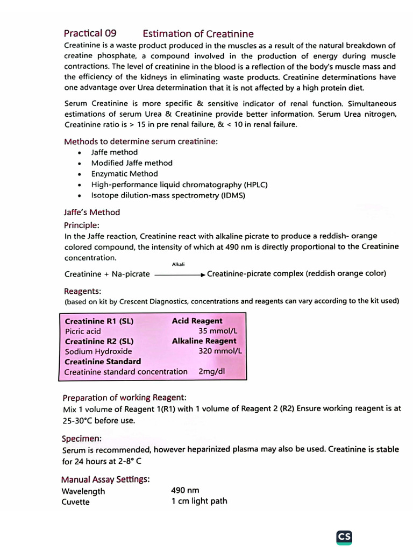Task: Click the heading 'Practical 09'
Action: (90, 33)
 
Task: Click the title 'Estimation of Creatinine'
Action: (198, 34)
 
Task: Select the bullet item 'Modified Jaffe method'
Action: (132, 163)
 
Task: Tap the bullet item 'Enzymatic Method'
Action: (124, 174)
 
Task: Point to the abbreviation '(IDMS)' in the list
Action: (233, 195)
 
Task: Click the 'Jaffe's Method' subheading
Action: (92, 212)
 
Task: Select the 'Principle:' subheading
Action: (82, 225)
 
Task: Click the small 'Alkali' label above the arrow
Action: (178, 264)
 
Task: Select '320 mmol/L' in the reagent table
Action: (220, 351)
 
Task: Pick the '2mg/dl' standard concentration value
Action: (212, 371)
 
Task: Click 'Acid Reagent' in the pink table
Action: (197, 321)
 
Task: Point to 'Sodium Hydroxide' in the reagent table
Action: (98, 351)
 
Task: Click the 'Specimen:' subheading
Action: (82, 439)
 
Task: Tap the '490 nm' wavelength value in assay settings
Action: (185, 490)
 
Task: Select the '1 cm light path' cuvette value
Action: (199, 501)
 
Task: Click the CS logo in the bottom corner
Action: (344, 537)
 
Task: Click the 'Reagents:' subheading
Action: (82, 291)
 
